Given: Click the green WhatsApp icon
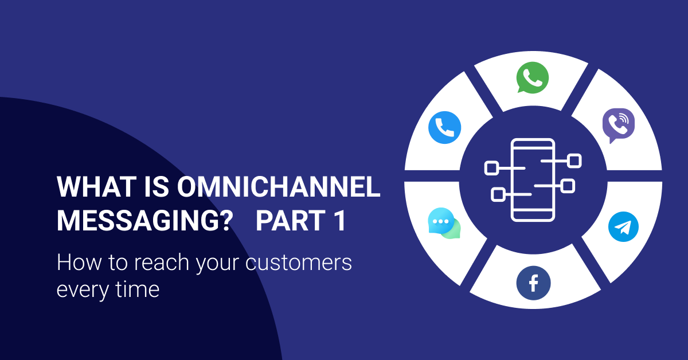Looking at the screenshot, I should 532,77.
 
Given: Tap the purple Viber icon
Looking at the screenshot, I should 618,125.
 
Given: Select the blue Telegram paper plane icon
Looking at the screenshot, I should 623,227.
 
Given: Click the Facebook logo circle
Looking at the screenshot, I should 533,283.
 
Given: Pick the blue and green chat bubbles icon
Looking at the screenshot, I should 444,224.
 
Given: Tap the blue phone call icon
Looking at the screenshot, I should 445,127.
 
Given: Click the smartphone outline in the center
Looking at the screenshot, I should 533,179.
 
